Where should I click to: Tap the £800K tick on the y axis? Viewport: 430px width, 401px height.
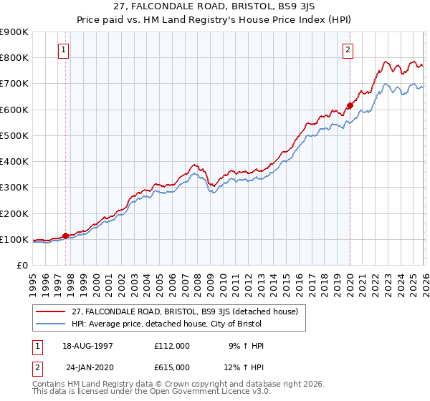[14, 58]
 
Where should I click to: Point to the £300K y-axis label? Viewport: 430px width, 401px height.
[14, 188]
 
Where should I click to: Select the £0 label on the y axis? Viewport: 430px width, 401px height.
[21, 266]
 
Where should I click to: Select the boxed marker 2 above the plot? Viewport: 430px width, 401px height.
[348, 50]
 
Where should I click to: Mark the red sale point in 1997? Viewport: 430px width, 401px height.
[66, 236]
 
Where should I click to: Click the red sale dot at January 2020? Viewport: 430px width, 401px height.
[350, 106]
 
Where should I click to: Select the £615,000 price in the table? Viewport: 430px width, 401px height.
[172, 367]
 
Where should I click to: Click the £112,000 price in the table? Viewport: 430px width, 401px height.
[172, 346]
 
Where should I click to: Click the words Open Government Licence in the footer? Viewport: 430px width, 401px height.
[197, 392]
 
